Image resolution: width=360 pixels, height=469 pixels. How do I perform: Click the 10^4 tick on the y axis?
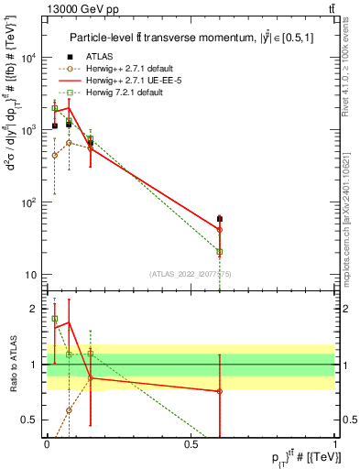tap(28, 57)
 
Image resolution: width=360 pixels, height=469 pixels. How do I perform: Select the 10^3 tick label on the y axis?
tap(28, 130)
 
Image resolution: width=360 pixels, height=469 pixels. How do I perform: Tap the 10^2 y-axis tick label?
tap(28, 202)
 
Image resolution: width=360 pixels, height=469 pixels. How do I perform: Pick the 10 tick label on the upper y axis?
tap(30, 275)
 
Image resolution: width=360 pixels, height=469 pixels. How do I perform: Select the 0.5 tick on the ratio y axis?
tap(32, 419)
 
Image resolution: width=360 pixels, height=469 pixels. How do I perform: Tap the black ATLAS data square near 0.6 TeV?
tap(220, 219)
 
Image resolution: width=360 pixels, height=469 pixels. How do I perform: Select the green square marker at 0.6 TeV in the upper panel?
tap(220, 252)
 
